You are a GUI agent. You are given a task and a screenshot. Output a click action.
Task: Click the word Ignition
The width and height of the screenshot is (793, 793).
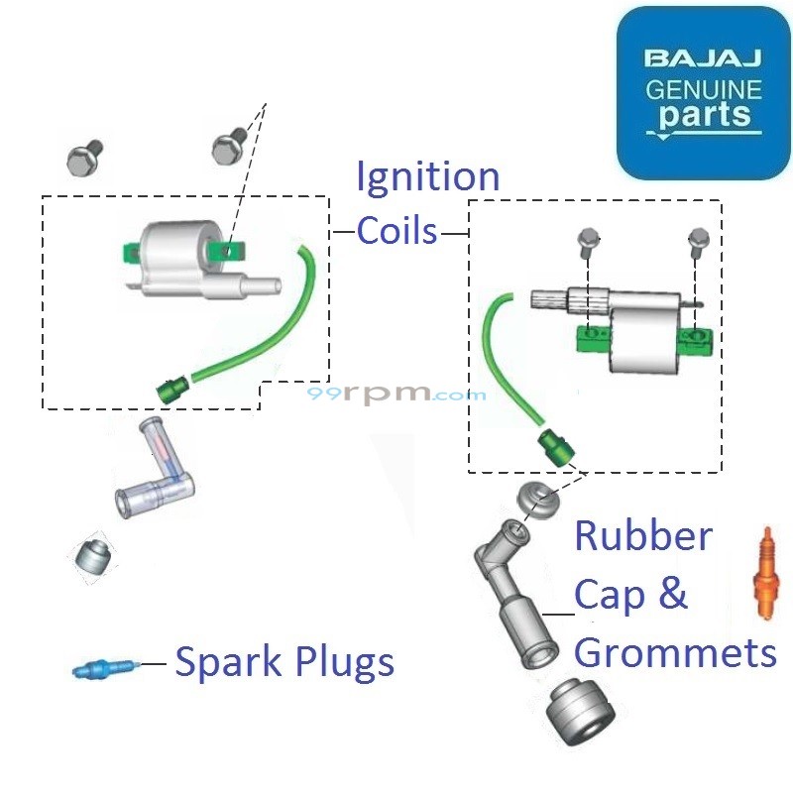click(x=427, y=178)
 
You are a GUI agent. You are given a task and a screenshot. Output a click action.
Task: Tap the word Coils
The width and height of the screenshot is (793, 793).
click(x=396, y=231)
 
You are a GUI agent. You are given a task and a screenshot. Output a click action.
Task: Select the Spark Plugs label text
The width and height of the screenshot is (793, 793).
click(x=284, y=662)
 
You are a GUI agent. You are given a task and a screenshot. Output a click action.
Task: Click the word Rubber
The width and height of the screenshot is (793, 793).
click(x=643, y=537)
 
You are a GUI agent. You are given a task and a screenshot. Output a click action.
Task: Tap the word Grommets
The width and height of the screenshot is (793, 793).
click(x=675, y=653)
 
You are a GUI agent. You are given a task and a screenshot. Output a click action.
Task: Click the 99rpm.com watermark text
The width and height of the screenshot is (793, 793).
click(x=396, y=394)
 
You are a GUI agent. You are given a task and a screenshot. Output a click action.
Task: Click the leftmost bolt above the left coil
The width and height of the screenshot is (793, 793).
click(x=84, y=156)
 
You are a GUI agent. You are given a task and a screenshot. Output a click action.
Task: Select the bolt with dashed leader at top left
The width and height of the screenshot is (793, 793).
click(x=229, y=148)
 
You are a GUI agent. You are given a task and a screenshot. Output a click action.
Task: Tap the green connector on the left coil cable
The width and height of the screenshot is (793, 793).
click(x=171, y=390)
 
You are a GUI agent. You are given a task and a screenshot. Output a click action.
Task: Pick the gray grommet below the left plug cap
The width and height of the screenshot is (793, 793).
click(x=95, y=558)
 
